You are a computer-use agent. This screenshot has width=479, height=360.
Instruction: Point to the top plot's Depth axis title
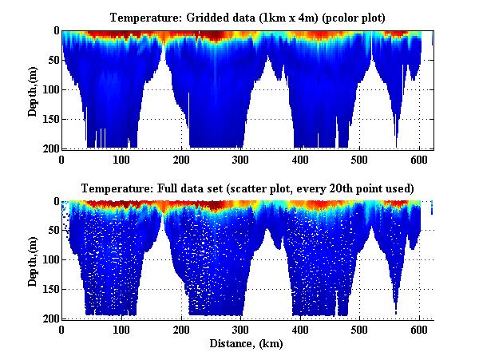point(33,89)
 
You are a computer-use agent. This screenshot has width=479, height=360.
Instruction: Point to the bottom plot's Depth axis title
point(33,260)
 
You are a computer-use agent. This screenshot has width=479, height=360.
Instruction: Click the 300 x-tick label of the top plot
point(240,158)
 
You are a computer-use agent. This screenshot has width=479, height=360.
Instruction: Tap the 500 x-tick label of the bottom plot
point(359,329)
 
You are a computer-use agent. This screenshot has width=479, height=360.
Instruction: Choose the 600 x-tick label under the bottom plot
point(419,329)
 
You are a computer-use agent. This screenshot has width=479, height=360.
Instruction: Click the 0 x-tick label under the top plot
point(61,158)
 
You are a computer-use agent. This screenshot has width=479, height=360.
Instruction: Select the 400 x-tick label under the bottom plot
point(300,329)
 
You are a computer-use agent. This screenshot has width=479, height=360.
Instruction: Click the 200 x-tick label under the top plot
point(180,158)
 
